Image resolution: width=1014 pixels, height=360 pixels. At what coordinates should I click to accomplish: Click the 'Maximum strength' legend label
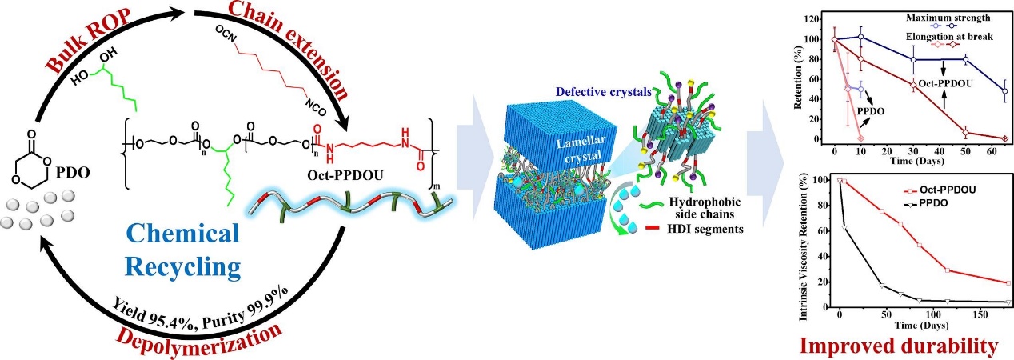point(926,16)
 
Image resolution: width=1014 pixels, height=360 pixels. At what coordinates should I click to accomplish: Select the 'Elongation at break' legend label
point(926,37)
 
